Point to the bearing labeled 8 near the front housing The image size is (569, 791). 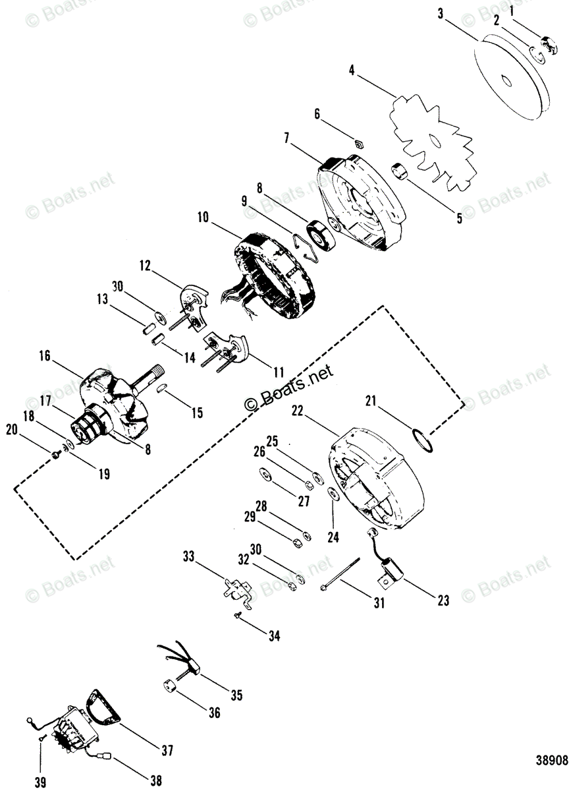point(325,233)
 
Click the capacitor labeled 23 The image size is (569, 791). point(393,570)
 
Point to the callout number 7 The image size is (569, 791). point(287,138)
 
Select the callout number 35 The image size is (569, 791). point(236,695)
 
